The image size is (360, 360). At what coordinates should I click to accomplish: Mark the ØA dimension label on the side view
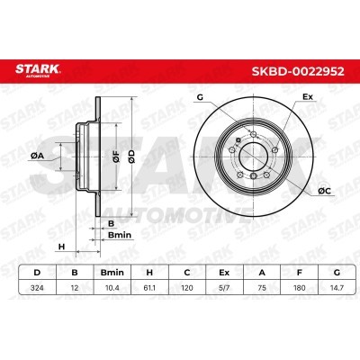[x=37, y=157]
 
